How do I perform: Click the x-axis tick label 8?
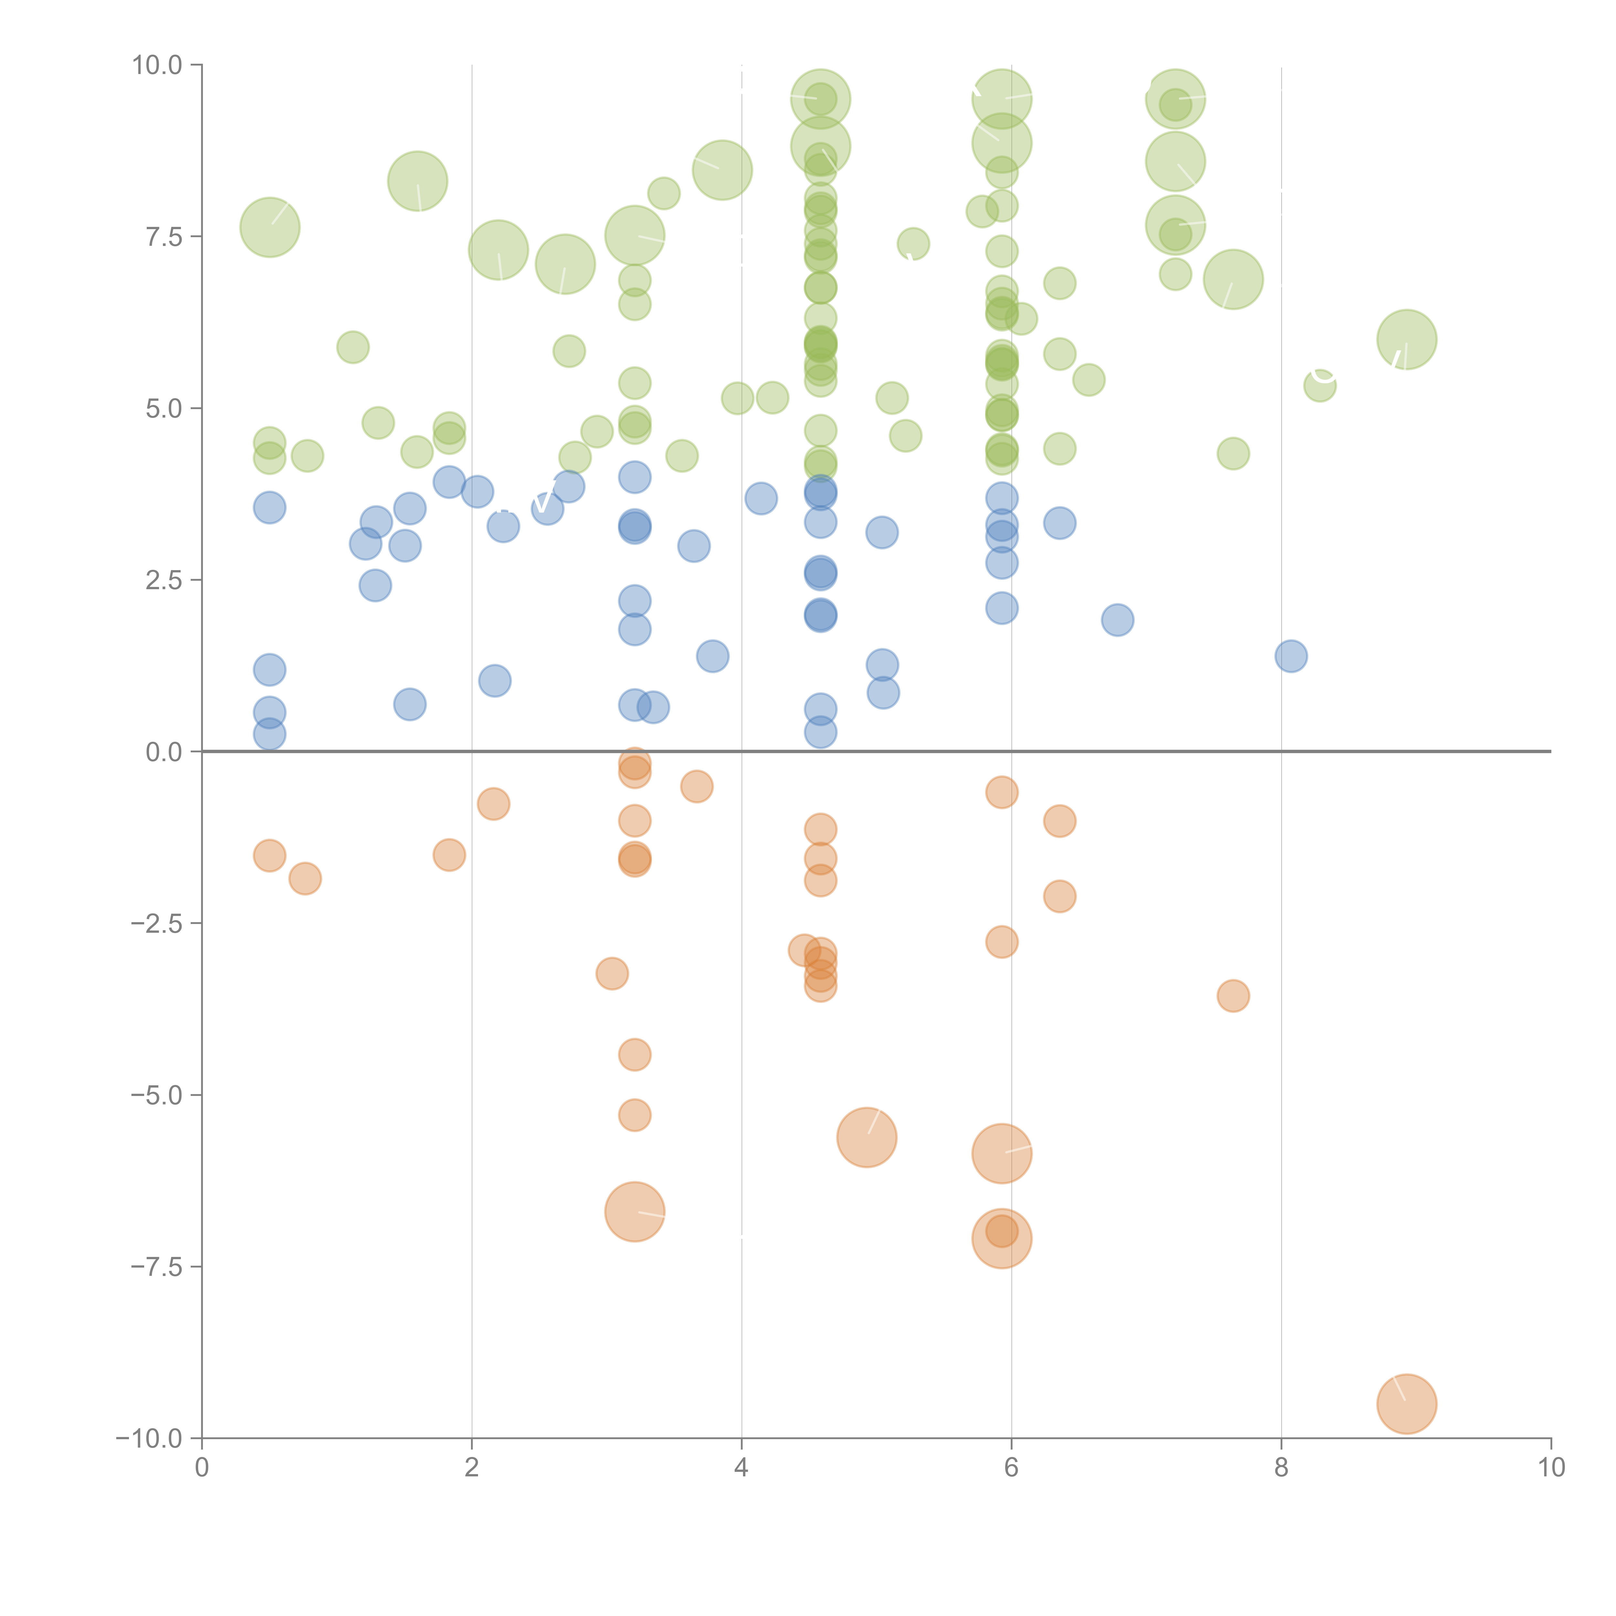tap(1281, 1468)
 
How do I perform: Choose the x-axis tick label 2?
tap(472, 1468)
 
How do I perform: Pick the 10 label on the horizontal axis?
tap(1551, 1468)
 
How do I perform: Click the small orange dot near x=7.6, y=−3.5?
tap(1233, 995)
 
